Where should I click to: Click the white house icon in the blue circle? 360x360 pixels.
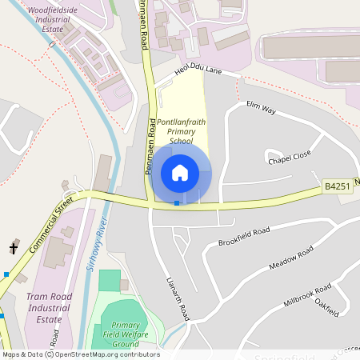(x=180, y=172)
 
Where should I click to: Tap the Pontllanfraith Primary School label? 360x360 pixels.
(x=175, y=131)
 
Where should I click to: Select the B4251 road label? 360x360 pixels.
(x=338, y=186)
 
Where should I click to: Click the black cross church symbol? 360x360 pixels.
(x=14, y=248)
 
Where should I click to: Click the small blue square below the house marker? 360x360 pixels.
(x=177, y=203)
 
